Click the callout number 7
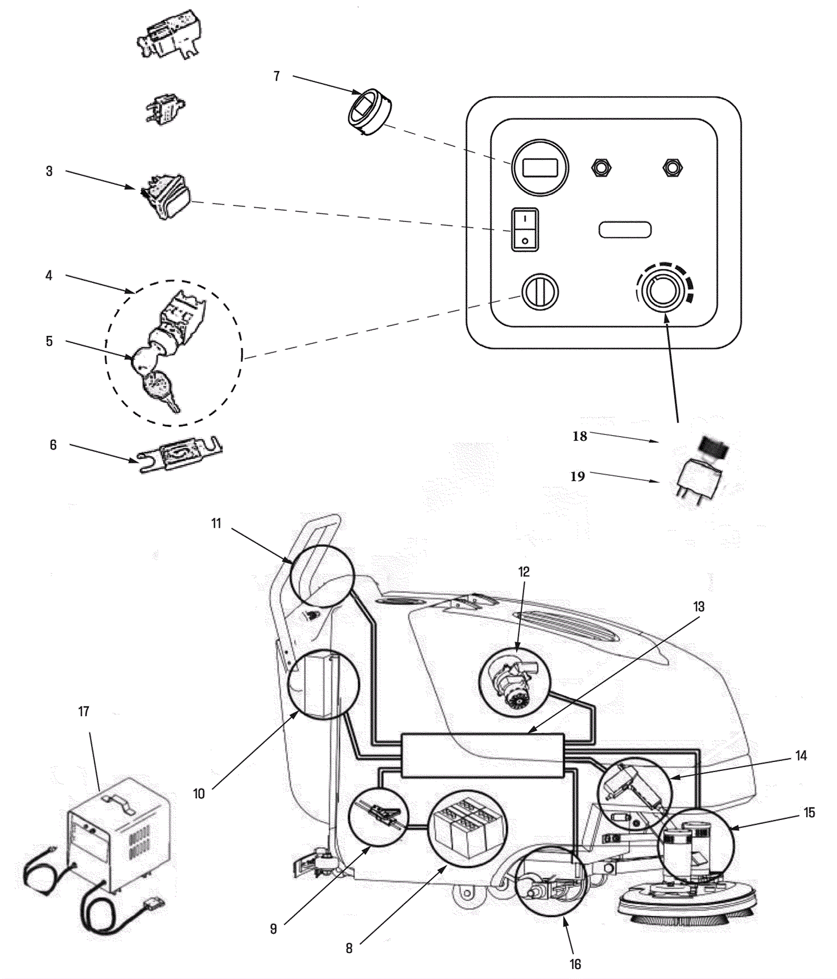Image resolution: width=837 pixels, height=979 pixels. tap(277, 76)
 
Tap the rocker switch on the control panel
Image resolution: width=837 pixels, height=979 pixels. tap(525, 230)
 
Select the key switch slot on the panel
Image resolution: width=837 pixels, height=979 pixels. tap(540, 291)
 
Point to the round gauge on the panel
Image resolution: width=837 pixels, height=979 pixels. tap(540, 168)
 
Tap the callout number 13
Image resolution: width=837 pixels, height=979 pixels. tap(699, 607)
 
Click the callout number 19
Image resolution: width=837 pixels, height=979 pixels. tap(578, 476)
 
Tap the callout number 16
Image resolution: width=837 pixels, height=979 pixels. tap(575, 963)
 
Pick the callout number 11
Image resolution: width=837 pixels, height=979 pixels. tap(217, 523)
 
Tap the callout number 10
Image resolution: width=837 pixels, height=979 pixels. tap(199, 793)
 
